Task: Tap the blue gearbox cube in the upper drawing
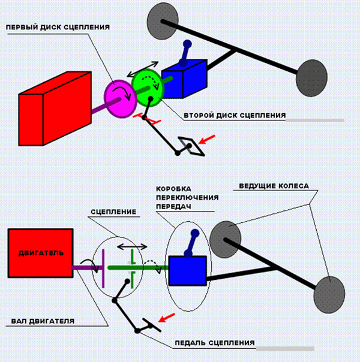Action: tap(183, 79)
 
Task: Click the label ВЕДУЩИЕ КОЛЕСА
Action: tap(274, 186)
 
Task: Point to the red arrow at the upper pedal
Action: tap(206, 140)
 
